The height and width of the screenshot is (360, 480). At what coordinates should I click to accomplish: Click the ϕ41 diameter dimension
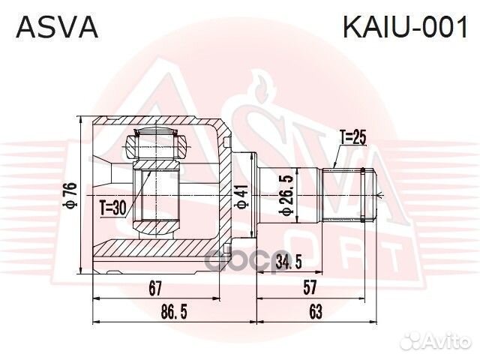pyautogui.click(x=240, y=197)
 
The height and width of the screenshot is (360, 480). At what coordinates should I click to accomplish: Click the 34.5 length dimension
pyautogui.click(x=289, y=262)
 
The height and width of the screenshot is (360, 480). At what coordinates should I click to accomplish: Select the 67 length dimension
pyautogui.click(x=155, y=286)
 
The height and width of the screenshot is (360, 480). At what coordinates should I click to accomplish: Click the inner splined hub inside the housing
pyautogui.click(x=156, y=196)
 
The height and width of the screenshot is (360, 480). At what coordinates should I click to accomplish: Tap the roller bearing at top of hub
pyautogui.click(x=155, y=142)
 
